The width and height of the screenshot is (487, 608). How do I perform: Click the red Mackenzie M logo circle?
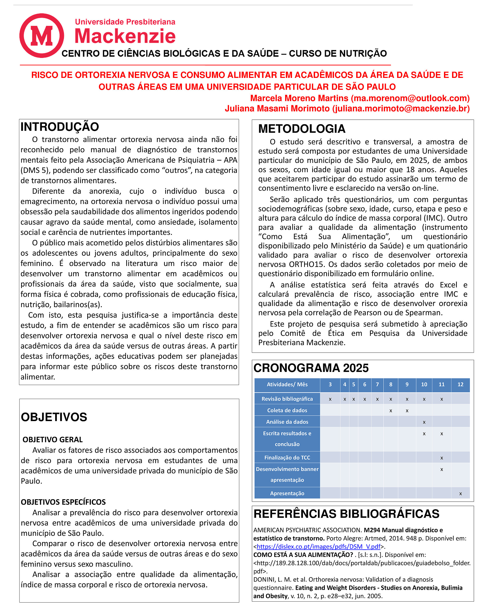42,36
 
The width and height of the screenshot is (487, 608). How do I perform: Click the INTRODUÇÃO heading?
60,127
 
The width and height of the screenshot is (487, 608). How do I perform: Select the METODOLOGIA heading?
302,129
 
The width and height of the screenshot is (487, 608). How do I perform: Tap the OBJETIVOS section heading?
54,417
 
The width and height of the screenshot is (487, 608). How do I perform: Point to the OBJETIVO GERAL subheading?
53,440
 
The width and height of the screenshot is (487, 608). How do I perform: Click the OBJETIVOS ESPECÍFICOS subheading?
63,502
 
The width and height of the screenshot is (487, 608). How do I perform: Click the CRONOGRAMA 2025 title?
311,368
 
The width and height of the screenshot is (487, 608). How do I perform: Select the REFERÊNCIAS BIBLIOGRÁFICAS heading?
346,514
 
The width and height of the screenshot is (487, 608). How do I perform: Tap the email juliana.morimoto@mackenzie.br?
401,109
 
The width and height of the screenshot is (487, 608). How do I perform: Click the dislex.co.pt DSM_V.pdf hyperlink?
318,546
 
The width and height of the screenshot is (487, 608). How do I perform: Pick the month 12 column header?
460,385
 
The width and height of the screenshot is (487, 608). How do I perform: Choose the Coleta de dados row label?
287,411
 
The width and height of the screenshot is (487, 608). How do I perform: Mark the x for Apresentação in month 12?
460,494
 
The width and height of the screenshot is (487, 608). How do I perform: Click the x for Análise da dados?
424,423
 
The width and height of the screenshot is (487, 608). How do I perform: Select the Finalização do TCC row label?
287,458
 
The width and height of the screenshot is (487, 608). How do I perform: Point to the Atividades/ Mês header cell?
287,385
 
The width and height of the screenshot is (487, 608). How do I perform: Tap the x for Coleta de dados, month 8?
391,411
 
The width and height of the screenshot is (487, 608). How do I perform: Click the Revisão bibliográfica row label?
287,399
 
